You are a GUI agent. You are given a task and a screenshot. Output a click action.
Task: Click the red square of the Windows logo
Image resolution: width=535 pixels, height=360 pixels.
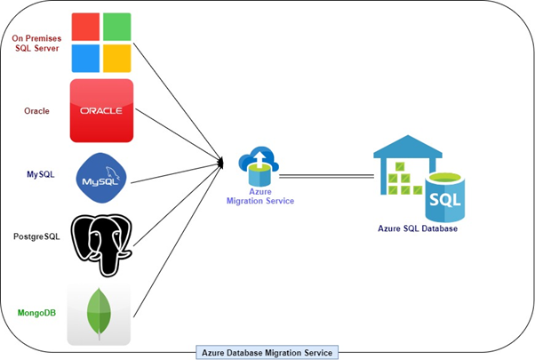tap(85, 27)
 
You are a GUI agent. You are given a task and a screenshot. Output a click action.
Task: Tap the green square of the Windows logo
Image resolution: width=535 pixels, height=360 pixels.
tap(117, 27)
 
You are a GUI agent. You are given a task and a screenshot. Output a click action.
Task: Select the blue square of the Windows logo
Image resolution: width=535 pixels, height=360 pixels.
tap(85, 59)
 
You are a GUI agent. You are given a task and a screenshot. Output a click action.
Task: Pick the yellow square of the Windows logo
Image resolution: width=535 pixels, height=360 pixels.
tap(117, 59)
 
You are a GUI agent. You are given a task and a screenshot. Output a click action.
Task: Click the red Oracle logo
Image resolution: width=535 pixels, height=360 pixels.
tap(101, 110)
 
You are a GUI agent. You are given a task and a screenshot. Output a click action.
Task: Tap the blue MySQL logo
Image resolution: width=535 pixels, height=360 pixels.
tap(101, 178)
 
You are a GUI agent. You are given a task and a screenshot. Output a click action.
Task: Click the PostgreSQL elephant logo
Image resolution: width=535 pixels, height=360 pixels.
tap(101, 245)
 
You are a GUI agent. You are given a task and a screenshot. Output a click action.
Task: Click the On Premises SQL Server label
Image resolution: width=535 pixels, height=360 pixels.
tap(36, 44)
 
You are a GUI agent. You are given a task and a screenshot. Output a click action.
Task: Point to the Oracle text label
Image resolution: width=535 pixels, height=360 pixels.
tap(36, 111)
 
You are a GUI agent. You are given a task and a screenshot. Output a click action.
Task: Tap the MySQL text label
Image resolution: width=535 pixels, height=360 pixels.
tap(41, 174)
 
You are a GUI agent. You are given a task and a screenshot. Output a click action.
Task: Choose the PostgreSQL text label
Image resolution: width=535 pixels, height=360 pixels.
tap(36, 236)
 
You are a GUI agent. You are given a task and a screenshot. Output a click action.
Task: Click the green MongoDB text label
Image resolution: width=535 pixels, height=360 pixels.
tap(36, 313)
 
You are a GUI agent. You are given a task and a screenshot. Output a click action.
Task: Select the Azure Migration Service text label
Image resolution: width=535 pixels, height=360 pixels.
tap(260, 196)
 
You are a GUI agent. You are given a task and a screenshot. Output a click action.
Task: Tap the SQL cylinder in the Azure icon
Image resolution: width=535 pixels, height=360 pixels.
tap(445, 197)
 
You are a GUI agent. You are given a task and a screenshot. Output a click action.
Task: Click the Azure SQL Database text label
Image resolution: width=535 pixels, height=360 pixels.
tap(418, 228)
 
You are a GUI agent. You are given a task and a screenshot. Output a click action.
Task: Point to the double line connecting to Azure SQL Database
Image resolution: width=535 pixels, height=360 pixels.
tap(326, 176)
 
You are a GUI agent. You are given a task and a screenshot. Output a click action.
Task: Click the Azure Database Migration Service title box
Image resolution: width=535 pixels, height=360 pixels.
tap(267, 353)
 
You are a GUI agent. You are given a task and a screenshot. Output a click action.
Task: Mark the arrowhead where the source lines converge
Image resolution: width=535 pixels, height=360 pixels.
tap(220, 163)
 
